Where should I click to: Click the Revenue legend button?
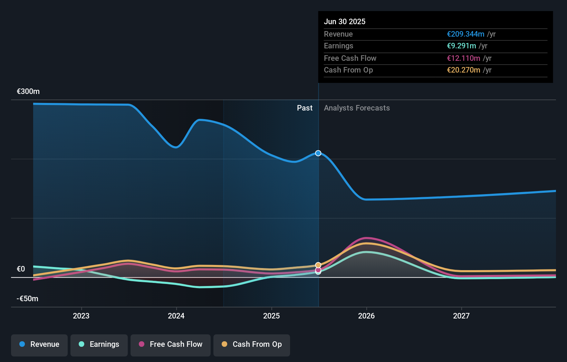39,344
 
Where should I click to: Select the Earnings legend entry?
99,344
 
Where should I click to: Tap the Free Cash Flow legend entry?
171,344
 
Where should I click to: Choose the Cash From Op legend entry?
252,344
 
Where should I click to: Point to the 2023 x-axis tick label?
81,316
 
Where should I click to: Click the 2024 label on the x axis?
176,316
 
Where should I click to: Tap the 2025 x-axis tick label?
271,316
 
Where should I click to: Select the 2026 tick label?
366,316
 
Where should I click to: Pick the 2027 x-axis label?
461,316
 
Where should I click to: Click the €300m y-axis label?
28,92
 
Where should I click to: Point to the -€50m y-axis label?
28,298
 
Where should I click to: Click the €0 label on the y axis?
21,269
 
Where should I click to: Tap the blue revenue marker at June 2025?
318,153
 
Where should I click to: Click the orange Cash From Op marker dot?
318,265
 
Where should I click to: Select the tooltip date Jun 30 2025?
345,21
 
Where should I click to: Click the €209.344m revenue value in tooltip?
465,34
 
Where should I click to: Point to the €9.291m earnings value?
461,46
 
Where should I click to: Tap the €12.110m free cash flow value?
463,58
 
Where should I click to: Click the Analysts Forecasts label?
357,108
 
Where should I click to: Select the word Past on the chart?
305,108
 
